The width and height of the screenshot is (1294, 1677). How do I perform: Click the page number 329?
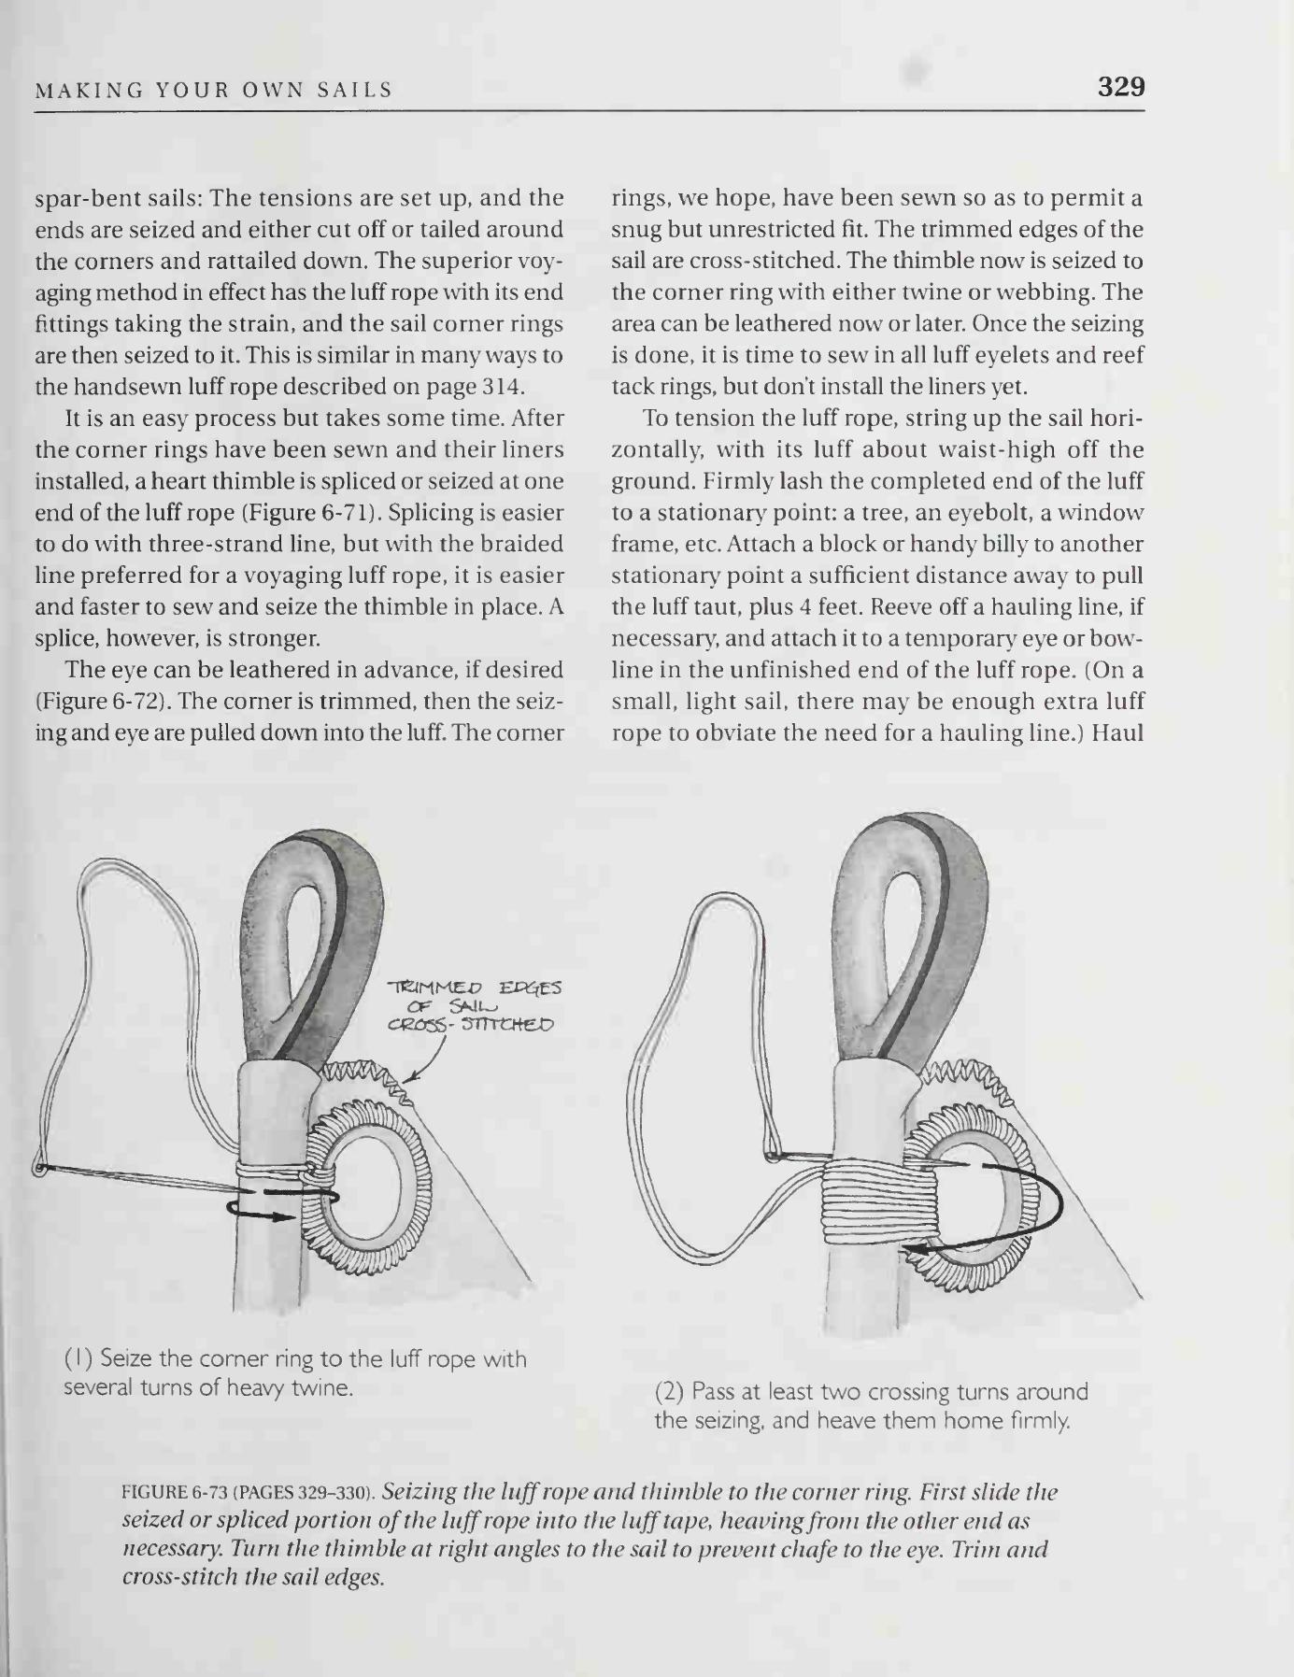coord(1120,87)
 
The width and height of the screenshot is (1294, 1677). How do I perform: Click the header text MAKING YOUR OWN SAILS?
coord(214,91)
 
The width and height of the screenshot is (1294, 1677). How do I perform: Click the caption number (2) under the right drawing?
coord(670,1392)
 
